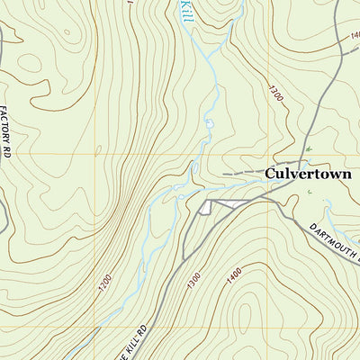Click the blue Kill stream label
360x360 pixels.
pos(185,11)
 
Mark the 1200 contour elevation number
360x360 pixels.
pos(104,280)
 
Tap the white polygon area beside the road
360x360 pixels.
pos(216,206)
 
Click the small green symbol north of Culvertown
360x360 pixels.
pos(308,148)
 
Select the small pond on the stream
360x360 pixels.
pos(209,122)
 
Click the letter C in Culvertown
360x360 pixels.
pos(269,173)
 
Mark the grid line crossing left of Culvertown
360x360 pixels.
pos(268,154)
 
